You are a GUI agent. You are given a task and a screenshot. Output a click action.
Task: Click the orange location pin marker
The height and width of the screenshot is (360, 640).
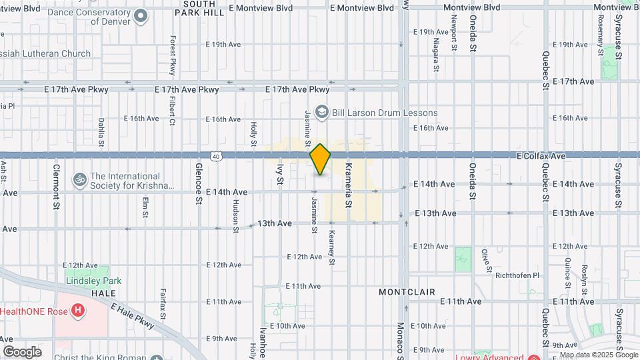[320, 159]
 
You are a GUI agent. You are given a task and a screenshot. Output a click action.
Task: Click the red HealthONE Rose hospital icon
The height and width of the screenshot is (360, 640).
[79, 311]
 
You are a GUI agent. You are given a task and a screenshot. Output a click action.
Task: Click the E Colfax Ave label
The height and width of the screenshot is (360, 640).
[541, 156]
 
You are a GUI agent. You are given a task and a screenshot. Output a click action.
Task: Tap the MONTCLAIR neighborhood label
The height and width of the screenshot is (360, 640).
[407, 292]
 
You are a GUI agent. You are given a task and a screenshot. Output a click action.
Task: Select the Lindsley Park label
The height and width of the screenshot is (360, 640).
[93, 281]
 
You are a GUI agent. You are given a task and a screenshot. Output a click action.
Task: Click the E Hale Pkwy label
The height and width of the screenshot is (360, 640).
[133, 316]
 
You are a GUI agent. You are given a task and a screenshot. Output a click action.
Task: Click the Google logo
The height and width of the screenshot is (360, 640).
[21, 351]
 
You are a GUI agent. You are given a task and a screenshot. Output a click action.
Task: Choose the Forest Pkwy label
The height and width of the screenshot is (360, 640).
[172, 55]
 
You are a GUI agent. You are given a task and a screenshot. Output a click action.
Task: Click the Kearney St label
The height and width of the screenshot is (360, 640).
[331, 248]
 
